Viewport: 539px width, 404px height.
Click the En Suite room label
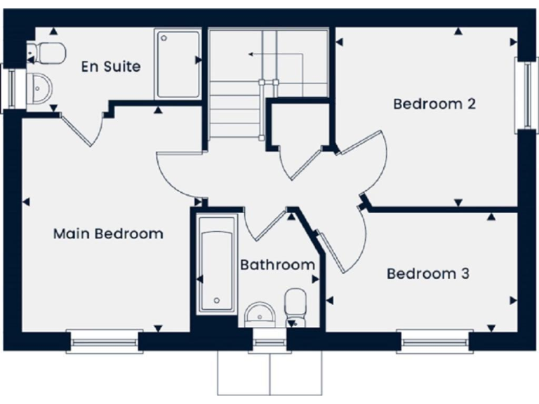click(x=110, y=67)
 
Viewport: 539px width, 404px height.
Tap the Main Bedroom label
click(x=108, y=234)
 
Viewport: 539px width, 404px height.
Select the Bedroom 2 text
click(x=434, y=104)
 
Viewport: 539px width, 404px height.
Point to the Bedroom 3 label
click(x=427, y=274)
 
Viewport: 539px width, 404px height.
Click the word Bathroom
click(x=277, y=265)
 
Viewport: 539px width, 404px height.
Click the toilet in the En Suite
click(x=49, y=50)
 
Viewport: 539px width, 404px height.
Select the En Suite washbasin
click(x=41, y=88)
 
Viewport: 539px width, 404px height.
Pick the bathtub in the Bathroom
click(x=217, y=263)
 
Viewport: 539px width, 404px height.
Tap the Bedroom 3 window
click(x=435, y=342)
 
